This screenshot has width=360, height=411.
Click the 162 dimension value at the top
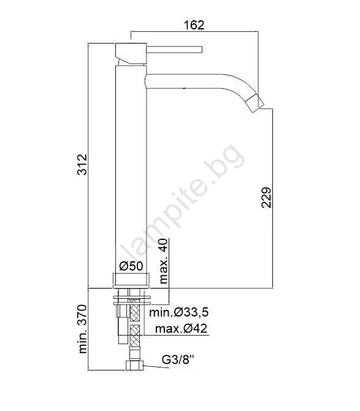click(x=194, y=25)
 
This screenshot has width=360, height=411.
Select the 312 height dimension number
click(x=82, y=164)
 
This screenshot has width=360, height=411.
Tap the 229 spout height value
click(x=266, y=198)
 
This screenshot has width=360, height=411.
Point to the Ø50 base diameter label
click(x=131, y=266)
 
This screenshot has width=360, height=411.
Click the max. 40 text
click(x=163, y=261)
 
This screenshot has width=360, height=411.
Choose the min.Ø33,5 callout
click(x=179, y=312)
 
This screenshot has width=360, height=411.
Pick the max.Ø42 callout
click(x=181, y=328)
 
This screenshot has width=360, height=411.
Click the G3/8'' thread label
click(x=178, y=359)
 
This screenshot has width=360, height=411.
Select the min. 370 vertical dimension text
click(x=83, y=329)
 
